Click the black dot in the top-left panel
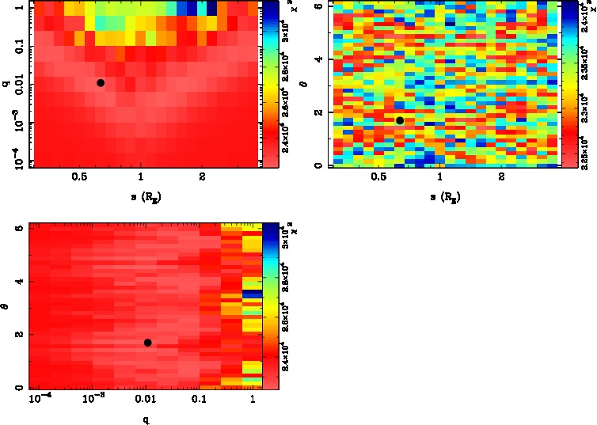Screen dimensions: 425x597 [101, 82]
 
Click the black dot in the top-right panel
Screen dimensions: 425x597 [400, 120]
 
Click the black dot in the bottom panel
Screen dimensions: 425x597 [148, 342]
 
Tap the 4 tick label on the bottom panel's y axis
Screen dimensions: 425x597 [17, 282]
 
